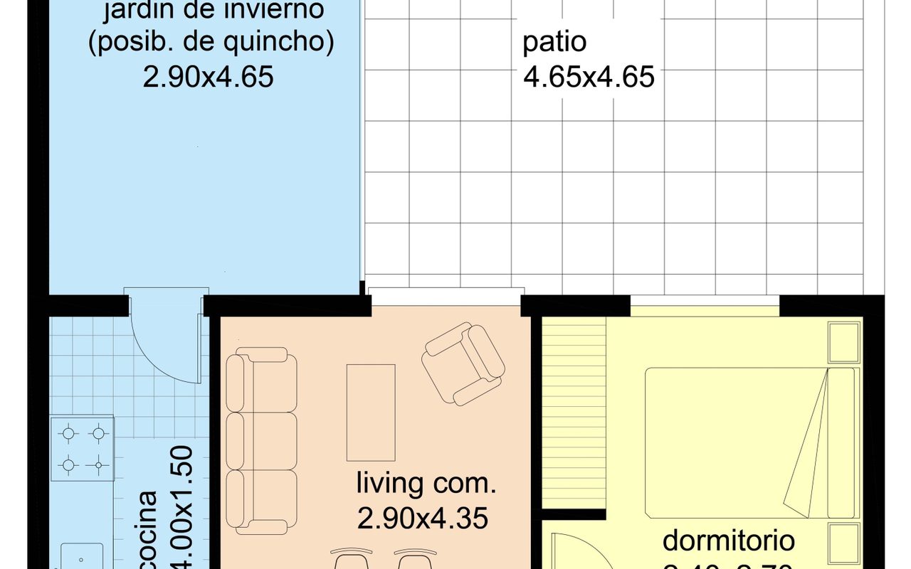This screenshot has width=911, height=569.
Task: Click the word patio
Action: tap(554, 43)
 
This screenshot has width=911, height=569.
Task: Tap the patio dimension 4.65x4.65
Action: tap(589, 77)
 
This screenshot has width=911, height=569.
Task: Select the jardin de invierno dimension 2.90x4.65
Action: tap(208, 76)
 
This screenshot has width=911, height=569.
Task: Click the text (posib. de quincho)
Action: tap(211, 43)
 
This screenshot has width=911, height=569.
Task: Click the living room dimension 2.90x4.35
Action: tap(423, 519)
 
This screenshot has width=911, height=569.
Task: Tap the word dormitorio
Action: tap(728, 540)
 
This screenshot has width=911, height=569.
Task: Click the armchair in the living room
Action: tap(463, 364)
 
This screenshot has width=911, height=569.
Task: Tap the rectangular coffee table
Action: tap(371, 413)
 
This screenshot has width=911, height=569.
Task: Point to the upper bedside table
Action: tap(845, 343)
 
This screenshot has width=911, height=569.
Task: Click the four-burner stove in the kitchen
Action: tap(83, 449)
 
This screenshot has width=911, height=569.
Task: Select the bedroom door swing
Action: tap(569, 551)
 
